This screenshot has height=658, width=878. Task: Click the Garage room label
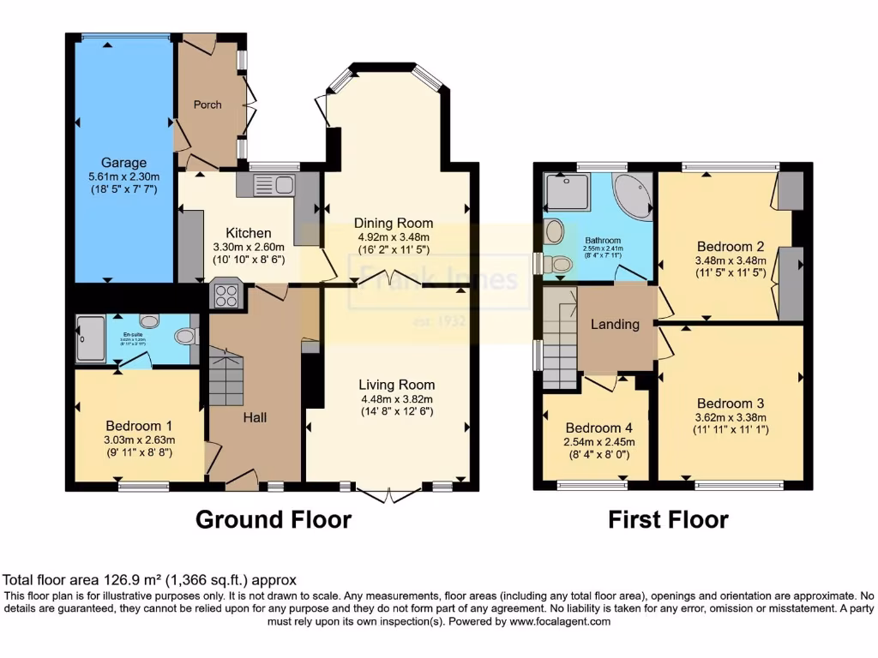(123, 163)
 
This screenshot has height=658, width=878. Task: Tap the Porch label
(207, 105)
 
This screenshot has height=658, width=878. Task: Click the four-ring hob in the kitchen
(227, 296)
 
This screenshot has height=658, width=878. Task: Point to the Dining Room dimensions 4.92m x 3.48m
(394, 237)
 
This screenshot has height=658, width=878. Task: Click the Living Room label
(396, 385)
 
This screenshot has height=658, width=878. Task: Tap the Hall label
(255, 417)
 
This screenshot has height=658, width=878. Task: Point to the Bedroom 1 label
(138, 426)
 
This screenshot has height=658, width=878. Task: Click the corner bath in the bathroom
(633, 195)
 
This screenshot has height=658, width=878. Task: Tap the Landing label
(615, 324)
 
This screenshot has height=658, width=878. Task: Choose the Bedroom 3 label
(730, 404)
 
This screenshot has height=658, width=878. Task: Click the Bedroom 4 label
(598, 428)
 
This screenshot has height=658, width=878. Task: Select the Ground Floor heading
(274, 519)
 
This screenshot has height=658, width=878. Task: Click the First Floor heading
(668, 519)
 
